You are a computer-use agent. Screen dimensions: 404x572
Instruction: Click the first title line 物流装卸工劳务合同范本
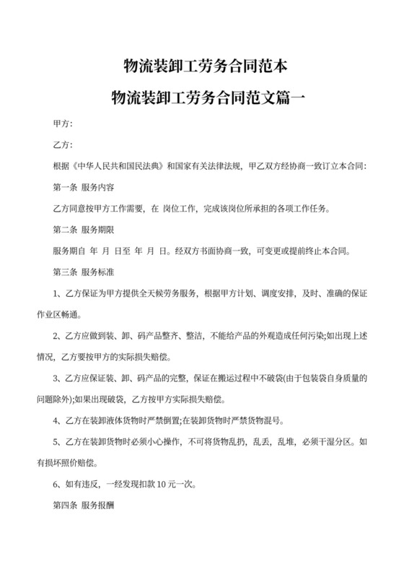point(201,69)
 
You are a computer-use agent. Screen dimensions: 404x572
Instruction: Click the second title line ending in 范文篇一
point(201,97)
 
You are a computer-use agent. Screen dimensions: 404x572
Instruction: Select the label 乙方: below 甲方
point(63,147)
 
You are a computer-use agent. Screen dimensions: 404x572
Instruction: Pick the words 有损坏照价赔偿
point(79,461)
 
